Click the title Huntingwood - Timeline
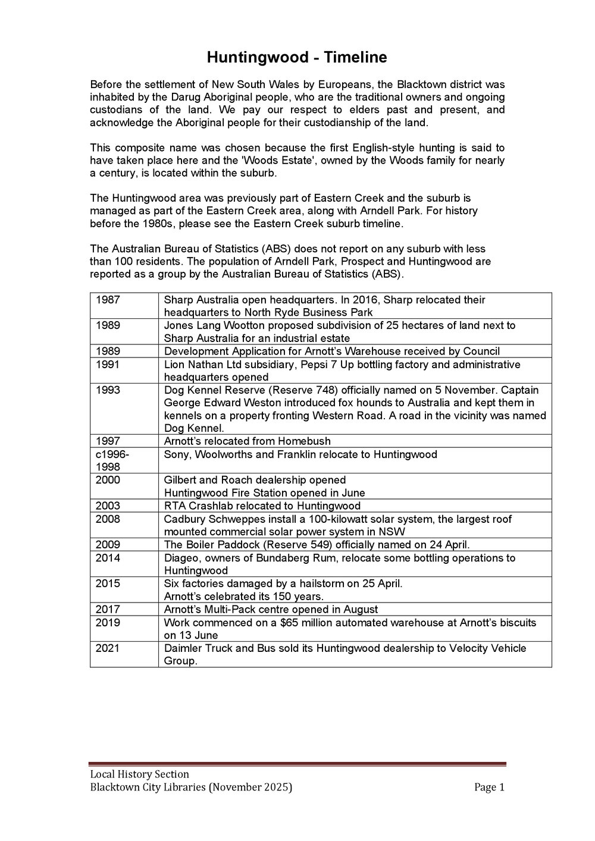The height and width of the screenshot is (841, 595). tap(297, 58)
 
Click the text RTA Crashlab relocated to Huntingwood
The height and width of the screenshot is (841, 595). tap(262, 506)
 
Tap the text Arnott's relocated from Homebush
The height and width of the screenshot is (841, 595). tap(247, 441)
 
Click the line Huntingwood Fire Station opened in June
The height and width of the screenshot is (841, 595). tap(264, 493)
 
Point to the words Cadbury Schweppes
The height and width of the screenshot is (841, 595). tap(206, 519)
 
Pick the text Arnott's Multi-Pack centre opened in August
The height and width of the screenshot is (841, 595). tap(271, 609)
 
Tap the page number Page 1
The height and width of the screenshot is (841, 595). tap(489, 787)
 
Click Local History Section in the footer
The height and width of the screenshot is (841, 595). tap(139, 774)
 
